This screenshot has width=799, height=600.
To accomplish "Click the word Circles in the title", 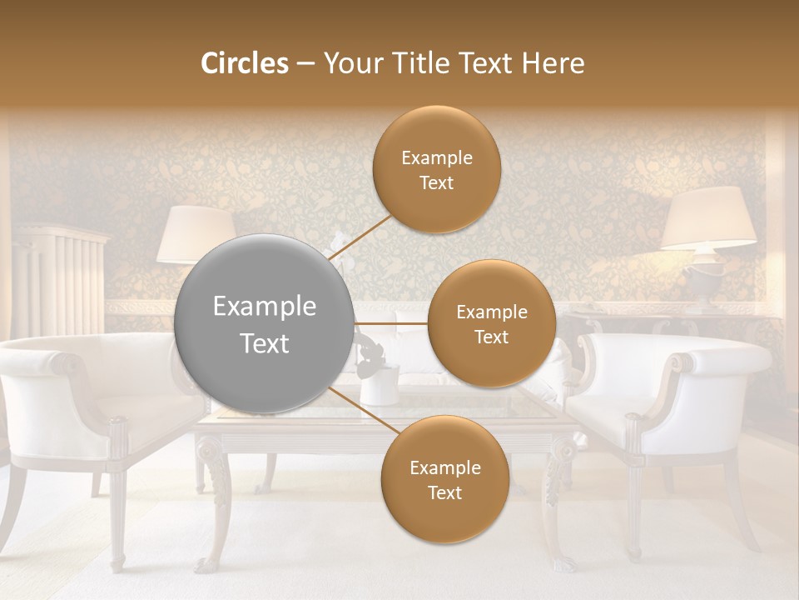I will pyautogui.click(x=244, y=63).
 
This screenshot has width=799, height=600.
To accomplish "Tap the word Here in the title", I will pyautogui.click(x=553, y=63).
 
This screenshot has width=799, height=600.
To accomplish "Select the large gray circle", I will pyautogui.click(x=264, y=324).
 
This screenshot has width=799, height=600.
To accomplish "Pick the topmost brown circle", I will pyautogui.click(x=436, y=169).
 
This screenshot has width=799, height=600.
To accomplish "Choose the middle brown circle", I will pyautogui.click(x=491, y=323).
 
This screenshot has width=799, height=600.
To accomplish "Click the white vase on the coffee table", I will pyautogui.click(x=379, y=384).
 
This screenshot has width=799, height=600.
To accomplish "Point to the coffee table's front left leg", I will pyautogui.click(x=214, y=500).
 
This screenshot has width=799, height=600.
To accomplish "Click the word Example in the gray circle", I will pyautogui.click(x=264, y=307).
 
